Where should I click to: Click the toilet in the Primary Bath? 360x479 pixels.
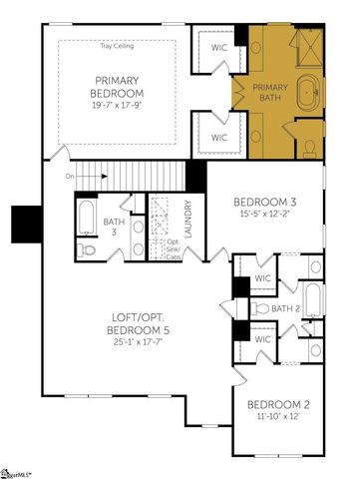coord(309,149)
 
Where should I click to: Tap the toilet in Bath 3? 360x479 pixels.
coord(87,247)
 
